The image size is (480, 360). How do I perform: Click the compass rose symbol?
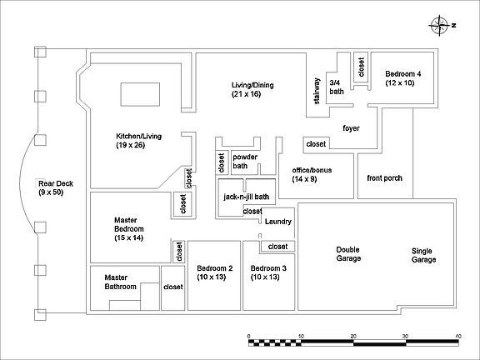coord(440,26)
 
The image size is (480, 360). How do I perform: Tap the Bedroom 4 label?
coord(402,78)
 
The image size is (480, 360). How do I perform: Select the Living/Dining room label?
coord(252,89)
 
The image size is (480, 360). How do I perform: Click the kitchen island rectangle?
coord(140,94)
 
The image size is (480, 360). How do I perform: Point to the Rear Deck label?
coord(56,188)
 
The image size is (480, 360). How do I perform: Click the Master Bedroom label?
coord(129,228)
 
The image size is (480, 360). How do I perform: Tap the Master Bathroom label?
coord(120,282)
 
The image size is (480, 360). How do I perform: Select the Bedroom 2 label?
coord(215,272)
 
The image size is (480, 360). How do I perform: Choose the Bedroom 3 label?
coord(268,272)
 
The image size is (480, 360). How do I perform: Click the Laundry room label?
coord(278,222)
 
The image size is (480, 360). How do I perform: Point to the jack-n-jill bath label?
coord(247,197)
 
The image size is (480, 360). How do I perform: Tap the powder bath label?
coord(245,162)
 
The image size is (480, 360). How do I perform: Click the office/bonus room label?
coord(312,174)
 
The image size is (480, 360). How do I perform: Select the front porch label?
coord(384,177)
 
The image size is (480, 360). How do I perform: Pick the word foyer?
coord(351,128)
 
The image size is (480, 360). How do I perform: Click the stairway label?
coord(317,91)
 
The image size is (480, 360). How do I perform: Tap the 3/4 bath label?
coord(337,87)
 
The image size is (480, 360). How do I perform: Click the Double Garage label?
coord(348,254)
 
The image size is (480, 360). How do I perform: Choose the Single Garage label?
coord(423,255)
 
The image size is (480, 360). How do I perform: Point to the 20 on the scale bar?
coord(353,336)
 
